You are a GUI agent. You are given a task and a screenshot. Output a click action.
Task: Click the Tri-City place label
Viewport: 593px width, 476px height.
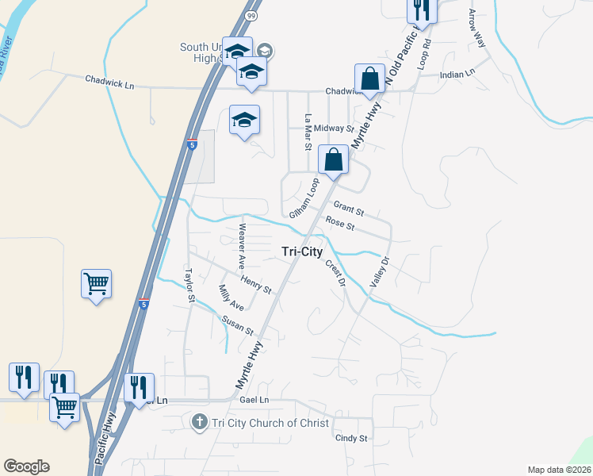click(x=303, y=251)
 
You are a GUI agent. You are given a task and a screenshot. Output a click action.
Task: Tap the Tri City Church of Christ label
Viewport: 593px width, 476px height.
click(x=270, y=423)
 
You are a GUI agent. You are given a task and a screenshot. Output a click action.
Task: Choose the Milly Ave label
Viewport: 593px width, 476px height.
click(x=231, y=297)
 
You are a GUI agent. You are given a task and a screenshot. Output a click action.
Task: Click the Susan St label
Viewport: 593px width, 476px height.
click(x=237, y=324)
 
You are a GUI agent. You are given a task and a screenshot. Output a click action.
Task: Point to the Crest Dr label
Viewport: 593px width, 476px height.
click(x=336, y=272)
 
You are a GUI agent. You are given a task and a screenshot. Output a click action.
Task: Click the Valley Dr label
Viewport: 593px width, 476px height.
click(x=381, y=271)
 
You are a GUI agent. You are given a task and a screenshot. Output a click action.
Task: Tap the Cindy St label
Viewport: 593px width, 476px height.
click(x=352, y=438)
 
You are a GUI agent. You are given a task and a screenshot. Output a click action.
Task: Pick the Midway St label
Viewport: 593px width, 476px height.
click(x=333, y=128)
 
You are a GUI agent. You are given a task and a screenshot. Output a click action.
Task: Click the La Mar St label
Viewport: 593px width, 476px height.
click(x=308, y=132)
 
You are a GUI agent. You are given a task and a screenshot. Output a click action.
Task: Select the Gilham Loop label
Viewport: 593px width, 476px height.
click(x=304, y=198)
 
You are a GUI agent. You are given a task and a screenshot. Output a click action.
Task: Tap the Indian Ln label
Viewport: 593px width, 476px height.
click(x=457, y=73)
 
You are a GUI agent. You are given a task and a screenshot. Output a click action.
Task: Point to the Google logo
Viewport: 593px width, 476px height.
click(x=26, y=466)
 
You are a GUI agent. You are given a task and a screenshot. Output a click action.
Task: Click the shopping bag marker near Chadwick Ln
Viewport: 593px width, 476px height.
click(x=369, y=79)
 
